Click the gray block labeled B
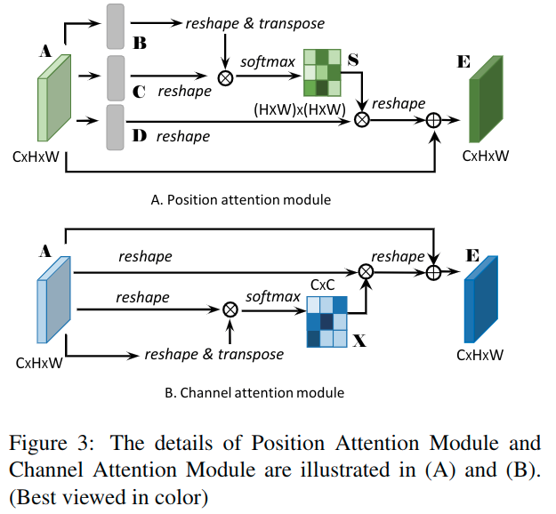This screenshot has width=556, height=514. coord(116,27)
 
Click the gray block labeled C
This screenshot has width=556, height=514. coord(116,77)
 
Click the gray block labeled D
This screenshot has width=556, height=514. coord(116,126)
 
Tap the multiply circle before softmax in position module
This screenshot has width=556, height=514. coord(225,77)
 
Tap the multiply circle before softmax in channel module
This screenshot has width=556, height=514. coord(230,309)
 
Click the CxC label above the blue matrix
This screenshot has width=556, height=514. coord(322,284)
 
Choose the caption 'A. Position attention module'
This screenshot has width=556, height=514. coord(241,199)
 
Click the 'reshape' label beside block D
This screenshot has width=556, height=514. coord(183,136)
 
